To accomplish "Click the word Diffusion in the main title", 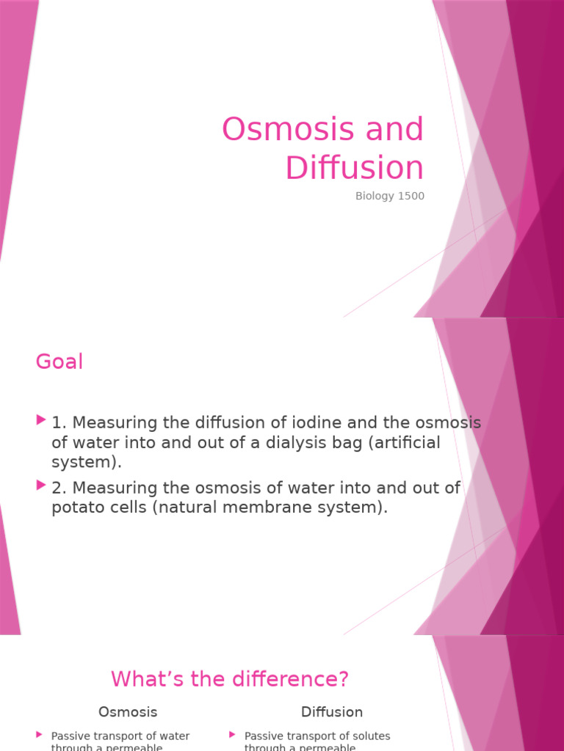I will click(355, 168).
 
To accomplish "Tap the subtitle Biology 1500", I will click(389, 197).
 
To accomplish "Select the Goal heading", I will click(59, 362).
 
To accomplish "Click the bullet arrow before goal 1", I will click(40, 420).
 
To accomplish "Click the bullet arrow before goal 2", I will click(40, 485).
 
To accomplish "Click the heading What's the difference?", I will click(230, 679).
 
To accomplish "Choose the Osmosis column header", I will click(128, 711).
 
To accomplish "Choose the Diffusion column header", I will click(332, 711).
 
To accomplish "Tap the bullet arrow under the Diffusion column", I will click(233, 734).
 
